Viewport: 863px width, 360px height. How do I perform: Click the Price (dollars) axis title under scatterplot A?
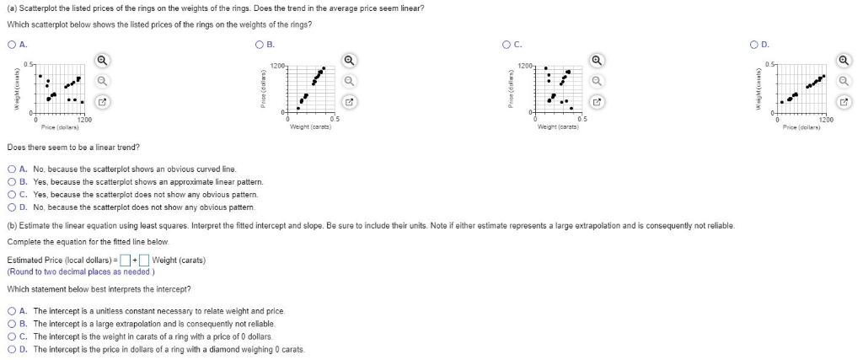61,126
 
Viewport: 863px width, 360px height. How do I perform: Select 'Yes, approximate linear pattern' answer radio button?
11,181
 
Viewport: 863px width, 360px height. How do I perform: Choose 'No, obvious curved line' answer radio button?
11,169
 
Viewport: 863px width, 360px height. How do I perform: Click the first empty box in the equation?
124,259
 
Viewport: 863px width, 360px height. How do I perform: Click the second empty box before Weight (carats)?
144,259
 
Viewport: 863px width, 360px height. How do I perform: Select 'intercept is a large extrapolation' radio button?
11,323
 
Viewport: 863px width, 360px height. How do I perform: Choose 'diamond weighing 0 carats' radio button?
11,348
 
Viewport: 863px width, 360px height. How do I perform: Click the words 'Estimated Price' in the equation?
32,259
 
